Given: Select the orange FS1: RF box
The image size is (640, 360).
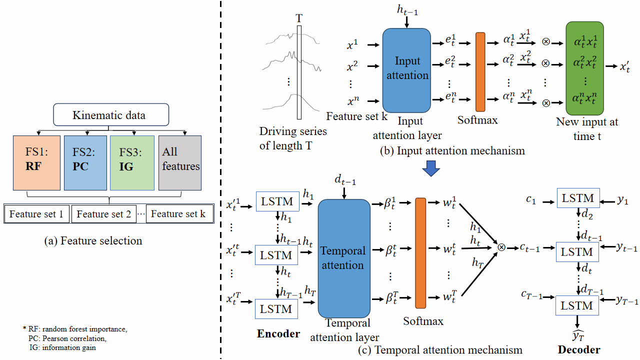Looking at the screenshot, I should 36,162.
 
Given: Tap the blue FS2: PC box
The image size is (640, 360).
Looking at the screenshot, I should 85,162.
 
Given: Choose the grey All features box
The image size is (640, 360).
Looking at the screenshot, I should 179,162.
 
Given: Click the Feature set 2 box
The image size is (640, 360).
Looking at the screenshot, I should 104,214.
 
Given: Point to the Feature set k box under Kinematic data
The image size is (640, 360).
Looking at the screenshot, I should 177,214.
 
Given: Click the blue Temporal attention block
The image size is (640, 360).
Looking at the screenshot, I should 343,257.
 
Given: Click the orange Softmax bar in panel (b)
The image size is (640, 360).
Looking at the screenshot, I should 480,71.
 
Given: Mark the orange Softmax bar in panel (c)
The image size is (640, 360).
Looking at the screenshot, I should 420,253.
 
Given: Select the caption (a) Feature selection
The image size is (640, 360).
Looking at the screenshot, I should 93,241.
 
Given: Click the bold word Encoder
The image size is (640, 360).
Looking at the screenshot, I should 278,333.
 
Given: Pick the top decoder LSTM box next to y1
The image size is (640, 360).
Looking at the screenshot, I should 577,198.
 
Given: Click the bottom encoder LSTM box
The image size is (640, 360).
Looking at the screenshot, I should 276,309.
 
